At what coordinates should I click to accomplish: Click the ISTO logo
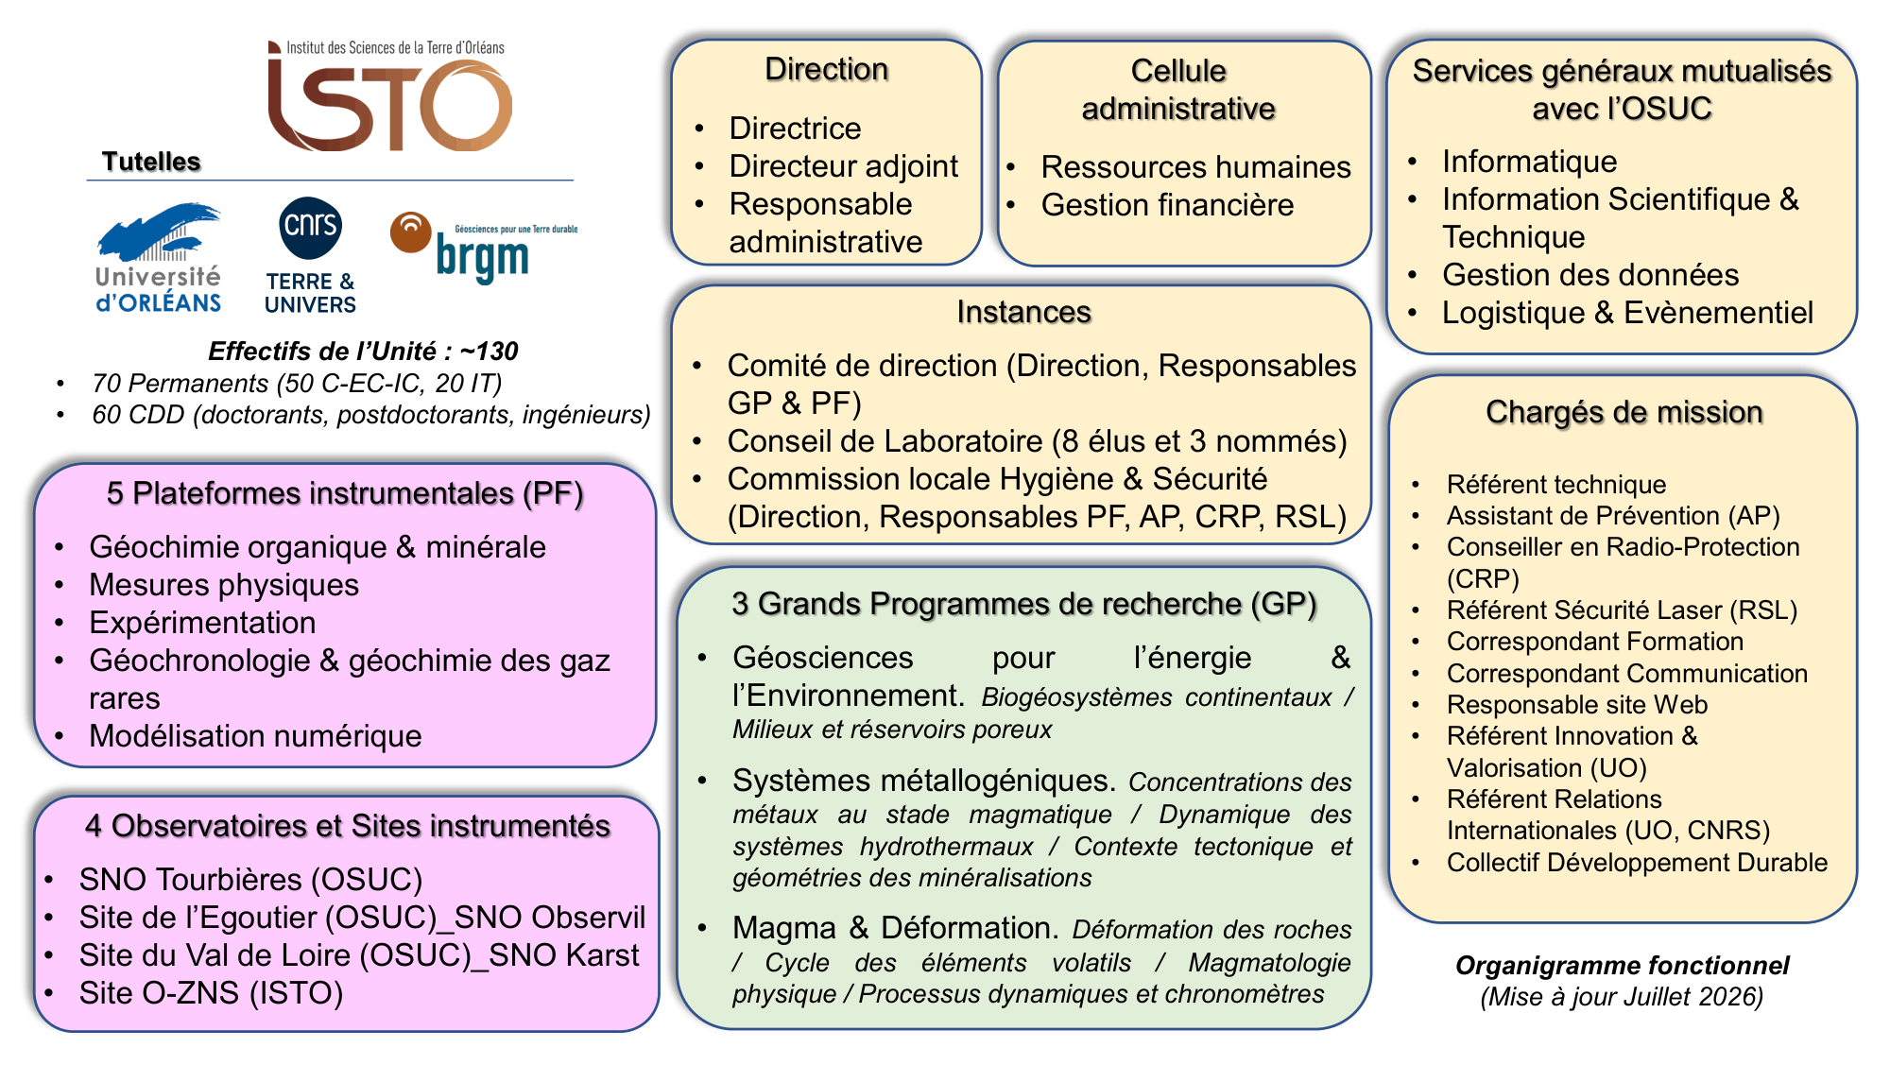click(389, 95)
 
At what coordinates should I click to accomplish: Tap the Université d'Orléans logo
click(159, 258)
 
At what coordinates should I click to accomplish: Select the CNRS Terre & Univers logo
click(310, 255)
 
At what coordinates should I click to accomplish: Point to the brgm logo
click(483, 248)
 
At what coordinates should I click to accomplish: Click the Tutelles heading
click(151, 162)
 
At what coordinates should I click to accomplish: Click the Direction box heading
click(826, 69)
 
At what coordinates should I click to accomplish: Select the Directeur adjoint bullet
click(843, 166)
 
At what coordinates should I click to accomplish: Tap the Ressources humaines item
click(1195, 167)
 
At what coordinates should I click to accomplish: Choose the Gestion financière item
click(1167, 205)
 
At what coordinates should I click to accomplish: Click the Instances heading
click(1023, 312)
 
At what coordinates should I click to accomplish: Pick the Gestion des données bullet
click(1590, 275)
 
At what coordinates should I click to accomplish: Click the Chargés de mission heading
click(1624, 412)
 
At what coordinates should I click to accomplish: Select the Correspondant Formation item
click(1595, 642)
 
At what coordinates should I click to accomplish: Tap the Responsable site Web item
click(1576, 705)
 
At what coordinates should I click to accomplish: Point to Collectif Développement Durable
click(1637, 863)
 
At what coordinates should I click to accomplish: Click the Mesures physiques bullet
click(224, 585)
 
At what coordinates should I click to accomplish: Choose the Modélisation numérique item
click(255, 736)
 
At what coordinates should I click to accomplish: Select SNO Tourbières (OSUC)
click(250, 880)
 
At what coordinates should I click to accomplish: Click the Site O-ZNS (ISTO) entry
click(211, 993)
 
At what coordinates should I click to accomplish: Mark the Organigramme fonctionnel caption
click(1622, 966)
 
